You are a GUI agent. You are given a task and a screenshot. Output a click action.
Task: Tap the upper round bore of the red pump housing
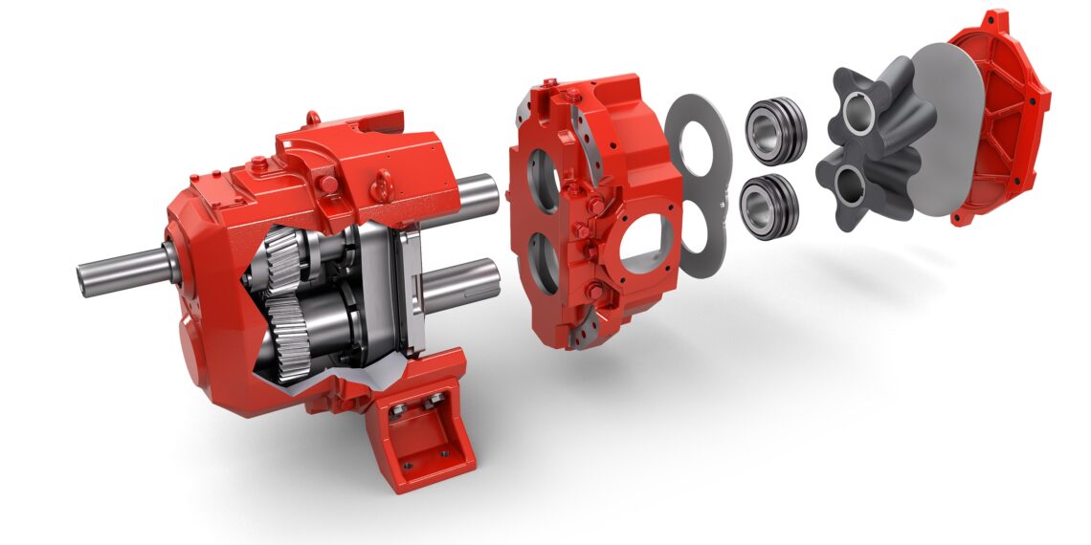point(541,182)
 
